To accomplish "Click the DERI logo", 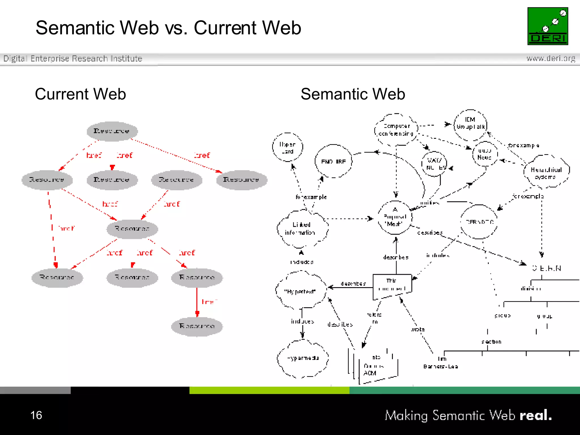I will coord(547,26).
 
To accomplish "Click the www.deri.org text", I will coord(551,58).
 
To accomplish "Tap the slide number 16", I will coord(36,415).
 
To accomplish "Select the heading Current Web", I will coord(80,94).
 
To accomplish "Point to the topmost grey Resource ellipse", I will coord(112,131).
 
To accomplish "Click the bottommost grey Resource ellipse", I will coord(197,326).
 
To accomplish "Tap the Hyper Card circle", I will coord(287,147).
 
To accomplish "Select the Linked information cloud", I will coord(302,228).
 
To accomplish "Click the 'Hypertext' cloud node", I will coord(300,291).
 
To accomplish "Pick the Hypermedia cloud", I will coord(303,358).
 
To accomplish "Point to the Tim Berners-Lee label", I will coord(441,363).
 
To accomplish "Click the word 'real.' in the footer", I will coord(536,415).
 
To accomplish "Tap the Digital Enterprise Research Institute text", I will coord(73,58).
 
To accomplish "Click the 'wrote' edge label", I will coord(418,329).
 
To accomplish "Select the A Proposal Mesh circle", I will coord(395,217).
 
